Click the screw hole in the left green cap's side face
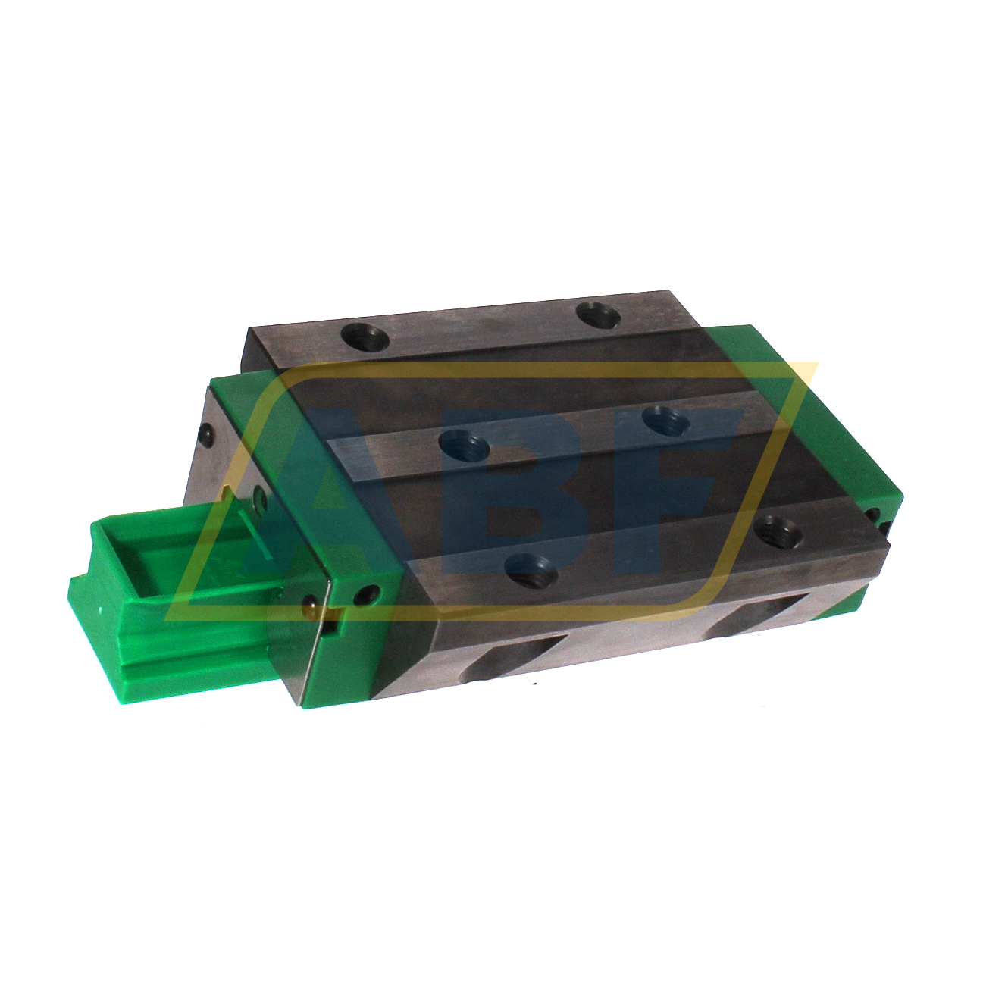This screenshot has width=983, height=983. (x=369, y=595)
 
